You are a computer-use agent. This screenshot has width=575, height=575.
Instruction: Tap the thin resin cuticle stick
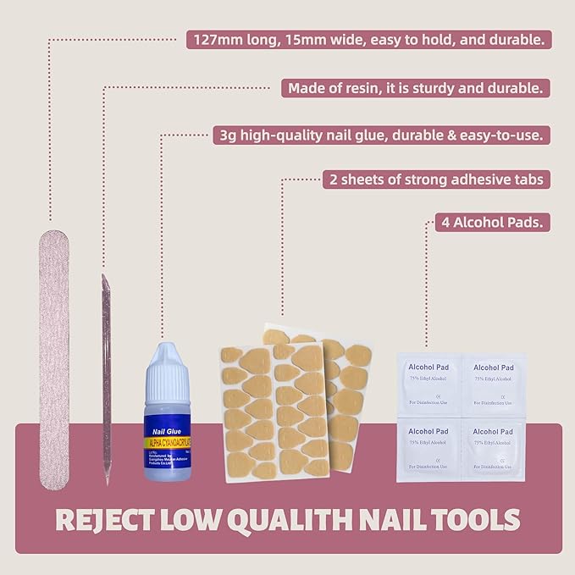pyautogui.click(x=107, y=373)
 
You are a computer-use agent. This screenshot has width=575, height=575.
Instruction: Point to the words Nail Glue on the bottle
pyautogui.click(x=161, y=429)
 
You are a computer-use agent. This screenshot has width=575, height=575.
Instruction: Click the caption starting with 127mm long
pyautogui.click(x=370, y=39)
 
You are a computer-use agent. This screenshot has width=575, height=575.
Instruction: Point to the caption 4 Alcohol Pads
pyautogui.click(x=489, y=224)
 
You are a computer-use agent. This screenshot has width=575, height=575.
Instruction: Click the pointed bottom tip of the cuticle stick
pyautogui.click(x=108, y=481)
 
